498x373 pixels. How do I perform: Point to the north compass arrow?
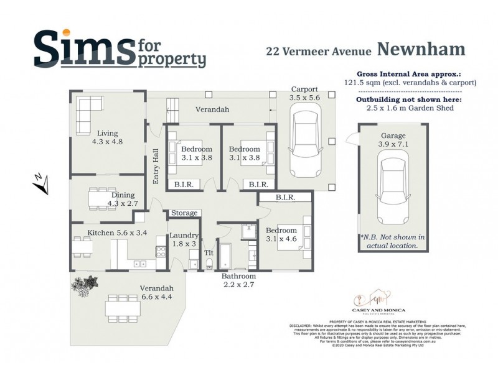tap(39, 182)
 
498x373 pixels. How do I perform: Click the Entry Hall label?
tap(157, 166)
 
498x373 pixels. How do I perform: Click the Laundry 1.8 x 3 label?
tap(184, 239)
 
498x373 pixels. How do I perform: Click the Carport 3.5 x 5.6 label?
tap(304, 94)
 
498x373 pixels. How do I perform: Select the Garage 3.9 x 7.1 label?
tap(393, 140)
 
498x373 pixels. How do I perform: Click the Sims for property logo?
tap(119, 50)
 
